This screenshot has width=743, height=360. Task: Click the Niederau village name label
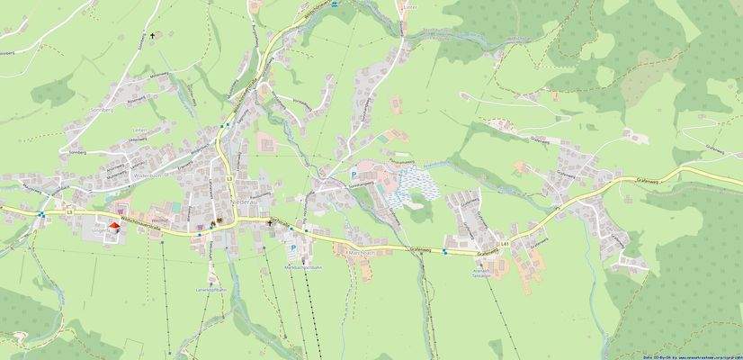(246, 202)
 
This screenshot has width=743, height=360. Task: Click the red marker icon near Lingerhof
(114, 226)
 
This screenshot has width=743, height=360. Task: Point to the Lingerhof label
(104, 231)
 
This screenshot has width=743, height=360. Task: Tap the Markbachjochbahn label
(302, 267)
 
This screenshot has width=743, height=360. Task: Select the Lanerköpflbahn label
(208, 291)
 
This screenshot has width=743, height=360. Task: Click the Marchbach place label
(360, 253)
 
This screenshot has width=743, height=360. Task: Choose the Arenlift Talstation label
(482, 271)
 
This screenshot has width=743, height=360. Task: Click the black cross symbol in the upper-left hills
(153, 37)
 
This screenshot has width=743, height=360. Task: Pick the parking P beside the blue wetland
(354, 172)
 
